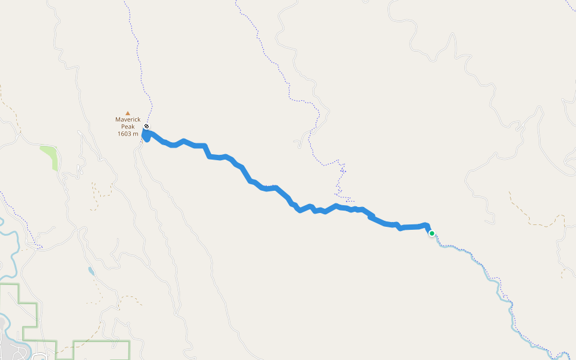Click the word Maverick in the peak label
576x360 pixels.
point(128,119)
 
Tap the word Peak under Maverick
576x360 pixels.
point(128,126)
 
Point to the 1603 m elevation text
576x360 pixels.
point(128,133)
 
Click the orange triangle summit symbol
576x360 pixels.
point(128,112)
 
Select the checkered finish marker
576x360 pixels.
point(146,127)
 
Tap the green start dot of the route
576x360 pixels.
point(431,233)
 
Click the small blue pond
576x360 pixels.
point(91,271)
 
